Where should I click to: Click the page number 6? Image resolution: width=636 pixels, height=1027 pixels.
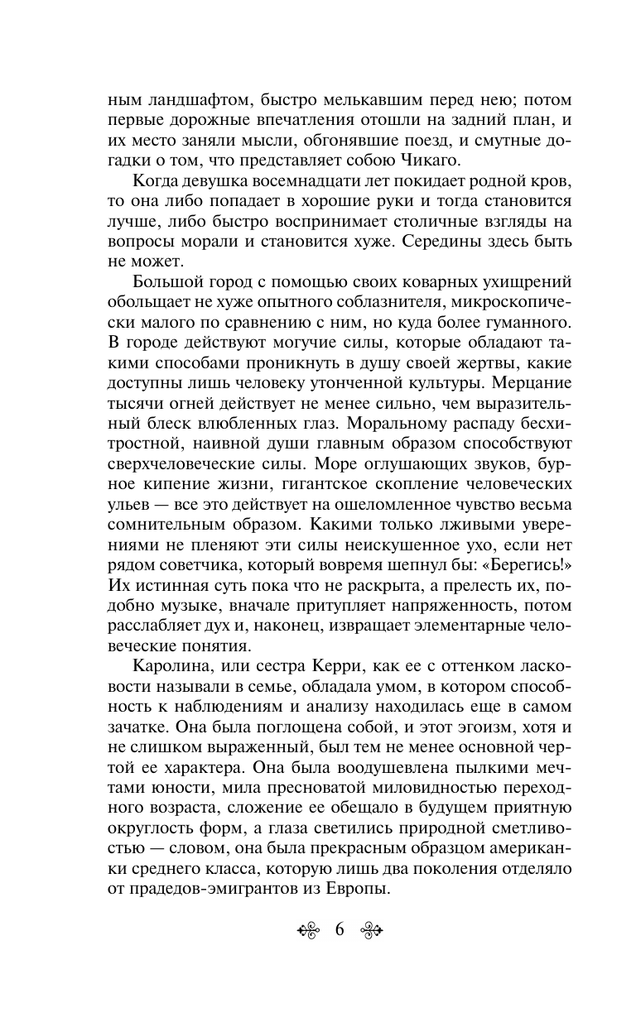[x=340, y=929]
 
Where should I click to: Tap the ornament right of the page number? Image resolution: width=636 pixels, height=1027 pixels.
[x=370, y=930]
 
